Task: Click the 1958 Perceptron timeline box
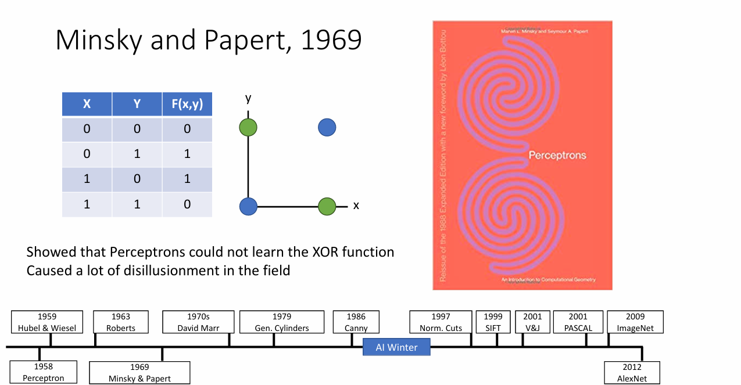[44, 372]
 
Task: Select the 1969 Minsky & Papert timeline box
[139, 373]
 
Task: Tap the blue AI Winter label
[396, 347]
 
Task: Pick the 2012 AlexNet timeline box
[632, 373]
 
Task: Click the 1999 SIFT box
[493, 322]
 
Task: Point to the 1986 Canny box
[356, 322]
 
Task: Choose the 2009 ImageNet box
[635, 322]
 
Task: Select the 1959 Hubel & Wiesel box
[47, 322]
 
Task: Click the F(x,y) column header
[187, 104]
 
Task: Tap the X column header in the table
[87, 104]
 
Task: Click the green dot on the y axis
[248, 127]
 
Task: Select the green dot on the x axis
[327, 206]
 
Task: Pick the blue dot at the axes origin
[248, 206]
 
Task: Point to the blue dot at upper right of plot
[327, 127]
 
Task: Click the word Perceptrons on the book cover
[557, 156]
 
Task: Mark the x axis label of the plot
[356, 206]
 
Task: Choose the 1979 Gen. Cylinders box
[282, 322]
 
